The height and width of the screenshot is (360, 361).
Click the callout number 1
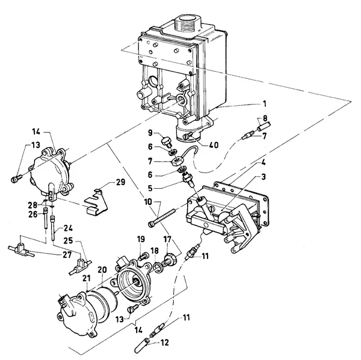pos(265,103)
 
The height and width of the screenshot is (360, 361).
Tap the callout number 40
pos(214,145)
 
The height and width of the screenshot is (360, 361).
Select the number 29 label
pos(120,182)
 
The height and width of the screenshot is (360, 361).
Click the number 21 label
pos(87,278)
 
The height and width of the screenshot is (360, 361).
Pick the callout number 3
pos(264,177)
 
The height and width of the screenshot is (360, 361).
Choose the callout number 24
pos(68,228)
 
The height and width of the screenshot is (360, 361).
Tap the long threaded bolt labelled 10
pos(162,215)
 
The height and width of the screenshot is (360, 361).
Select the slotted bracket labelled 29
pos(96,201)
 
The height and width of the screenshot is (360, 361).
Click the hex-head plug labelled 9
pos(166,142)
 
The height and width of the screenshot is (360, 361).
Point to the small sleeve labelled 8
pos(264,126)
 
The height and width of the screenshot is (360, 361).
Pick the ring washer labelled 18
pos(158,268)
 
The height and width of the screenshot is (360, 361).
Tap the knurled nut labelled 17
pos(170,259)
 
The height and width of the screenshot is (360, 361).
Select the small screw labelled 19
pos(143,256)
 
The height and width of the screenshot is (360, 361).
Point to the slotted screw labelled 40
pos(188,136)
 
